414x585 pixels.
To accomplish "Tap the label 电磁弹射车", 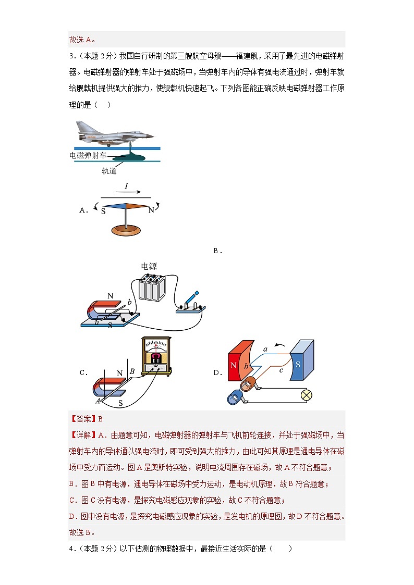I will coord(88,155).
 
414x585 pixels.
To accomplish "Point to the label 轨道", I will coord(109,170).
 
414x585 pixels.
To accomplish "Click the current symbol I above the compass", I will coord(126,186).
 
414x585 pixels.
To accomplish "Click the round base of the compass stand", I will coord(126,228).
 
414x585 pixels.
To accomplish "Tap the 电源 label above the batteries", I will coord(149,266).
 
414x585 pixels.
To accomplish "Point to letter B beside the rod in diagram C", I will coord(132,371).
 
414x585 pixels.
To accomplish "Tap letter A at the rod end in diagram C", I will coord(98,401).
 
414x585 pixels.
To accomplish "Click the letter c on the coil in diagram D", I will coord(281,370).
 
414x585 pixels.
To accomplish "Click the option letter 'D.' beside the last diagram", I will coord(217,372).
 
